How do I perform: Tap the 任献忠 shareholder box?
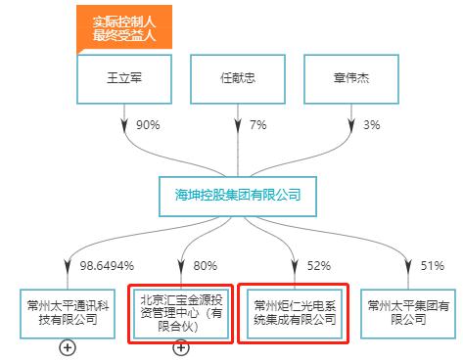tap(239, 77)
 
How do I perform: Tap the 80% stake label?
tap(205, 264)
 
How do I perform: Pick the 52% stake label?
tap(319, 264)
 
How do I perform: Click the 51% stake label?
tap(432, 264)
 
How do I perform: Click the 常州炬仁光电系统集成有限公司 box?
tap(294, 311)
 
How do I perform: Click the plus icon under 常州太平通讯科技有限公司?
tap(68, 347)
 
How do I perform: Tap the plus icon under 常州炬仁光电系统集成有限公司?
tap(294, 349)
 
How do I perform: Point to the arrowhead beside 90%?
tap(124, 127)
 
